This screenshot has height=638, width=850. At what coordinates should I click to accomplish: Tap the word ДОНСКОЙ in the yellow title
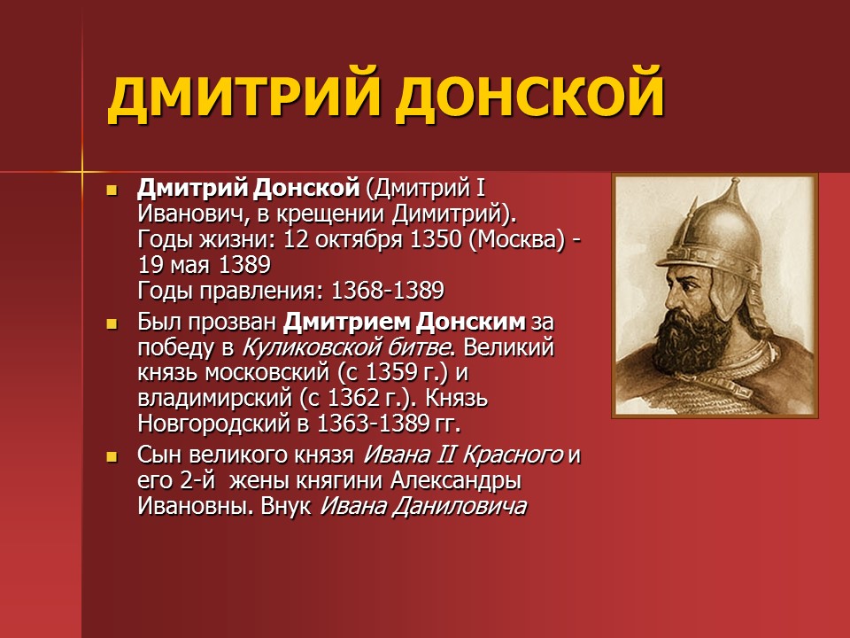pos(529,95)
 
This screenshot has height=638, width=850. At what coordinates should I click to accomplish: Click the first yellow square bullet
pos(112,191)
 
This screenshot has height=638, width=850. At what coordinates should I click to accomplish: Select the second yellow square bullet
pos(112,324)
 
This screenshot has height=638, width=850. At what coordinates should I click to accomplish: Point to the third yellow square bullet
pos(112,457)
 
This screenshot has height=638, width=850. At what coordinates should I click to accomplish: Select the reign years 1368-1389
pos(387,291)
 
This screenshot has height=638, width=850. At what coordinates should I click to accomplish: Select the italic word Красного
pos(513,455)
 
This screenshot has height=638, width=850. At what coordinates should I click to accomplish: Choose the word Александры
pos(456,481)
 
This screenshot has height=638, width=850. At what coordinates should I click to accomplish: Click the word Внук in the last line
pos(286,507)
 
